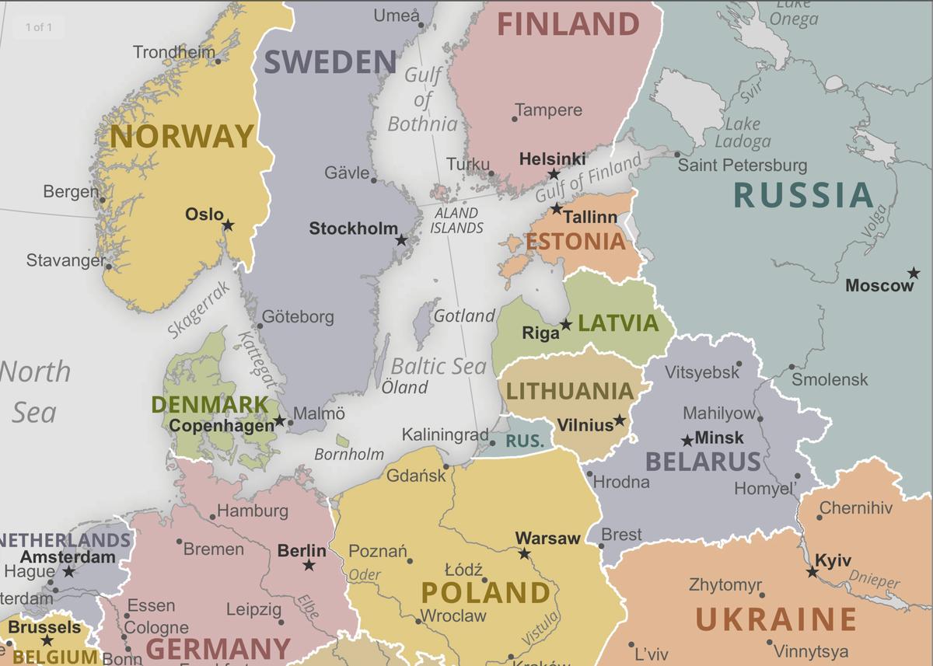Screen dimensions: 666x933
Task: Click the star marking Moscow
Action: [914, 274]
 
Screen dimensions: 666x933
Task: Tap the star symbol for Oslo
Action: [228, 225]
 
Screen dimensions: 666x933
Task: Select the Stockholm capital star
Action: [401, 241]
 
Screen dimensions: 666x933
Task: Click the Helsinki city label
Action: [552, 159]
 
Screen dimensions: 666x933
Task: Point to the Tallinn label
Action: [590, 218]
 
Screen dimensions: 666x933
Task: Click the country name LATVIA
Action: [618, 323]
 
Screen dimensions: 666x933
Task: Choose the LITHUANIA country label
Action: [570, 390]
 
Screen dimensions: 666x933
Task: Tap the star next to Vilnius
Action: [619, 420]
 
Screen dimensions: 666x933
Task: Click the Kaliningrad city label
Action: [445, 435]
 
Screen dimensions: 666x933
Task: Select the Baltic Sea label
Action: [438, 366]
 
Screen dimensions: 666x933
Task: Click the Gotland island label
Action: [463, 316]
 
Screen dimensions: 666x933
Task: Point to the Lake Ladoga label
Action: [743, 132]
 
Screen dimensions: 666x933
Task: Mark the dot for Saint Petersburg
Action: [677, 155]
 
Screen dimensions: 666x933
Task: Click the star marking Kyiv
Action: [812, 572]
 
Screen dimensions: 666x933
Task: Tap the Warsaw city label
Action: [547, 538]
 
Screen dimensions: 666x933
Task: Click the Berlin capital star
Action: [309, 565]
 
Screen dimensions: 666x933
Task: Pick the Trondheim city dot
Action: [218, 61]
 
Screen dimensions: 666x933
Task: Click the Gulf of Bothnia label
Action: [423, 99]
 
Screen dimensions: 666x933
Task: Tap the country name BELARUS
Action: [703, 462]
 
